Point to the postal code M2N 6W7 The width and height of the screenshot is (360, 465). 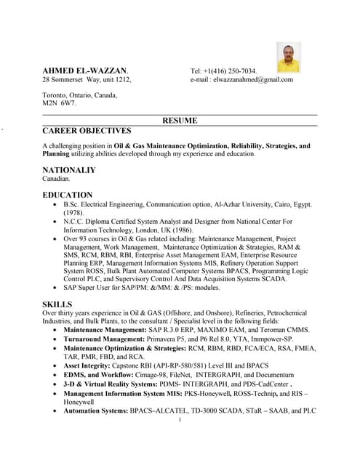pos(59,104)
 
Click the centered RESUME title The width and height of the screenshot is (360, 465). pos(180,121)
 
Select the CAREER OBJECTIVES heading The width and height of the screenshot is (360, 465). pos(87,132)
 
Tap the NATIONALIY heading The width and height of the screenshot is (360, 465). pos(69,170)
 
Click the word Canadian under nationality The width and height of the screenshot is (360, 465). pos(56,179)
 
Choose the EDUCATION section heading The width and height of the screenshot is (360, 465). pos(68,195)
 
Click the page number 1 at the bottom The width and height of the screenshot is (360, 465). pos(180,419)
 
